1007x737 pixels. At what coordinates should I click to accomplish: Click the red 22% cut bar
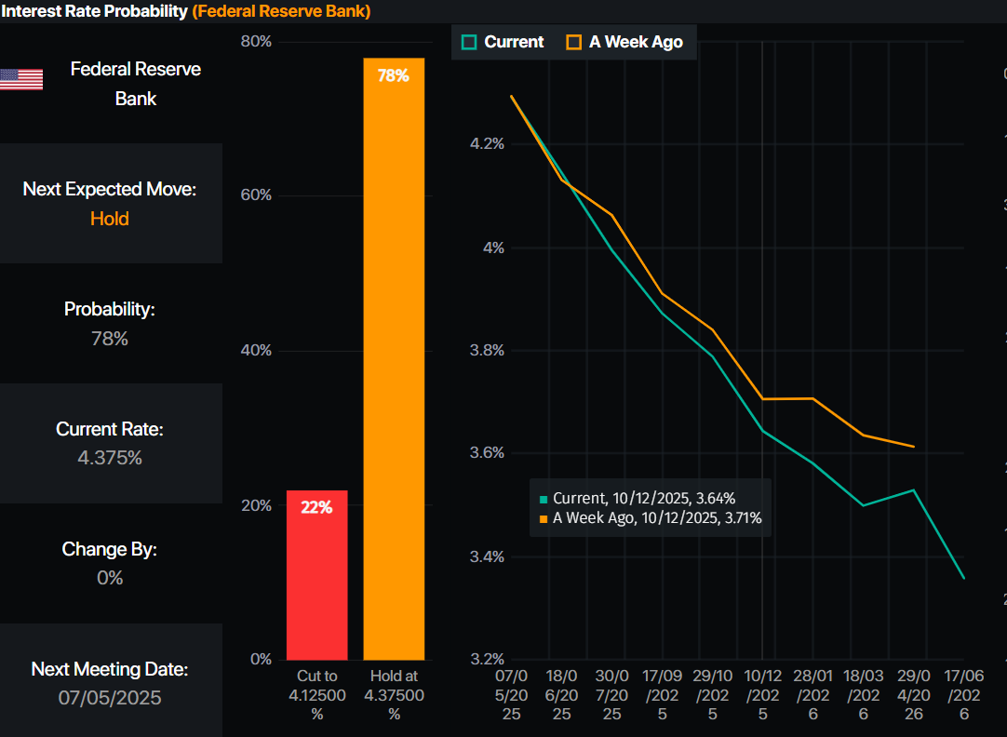316,574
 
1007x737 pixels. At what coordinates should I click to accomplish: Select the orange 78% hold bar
394,358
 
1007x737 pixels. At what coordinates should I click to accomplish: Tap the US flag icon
21,79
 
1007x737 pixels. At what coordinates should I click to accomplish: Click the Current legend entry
503,42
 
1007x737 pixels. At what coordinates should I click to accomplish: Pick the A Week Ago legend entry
624,42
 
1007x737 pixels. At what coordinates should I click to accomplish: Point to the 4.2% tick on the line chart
486,144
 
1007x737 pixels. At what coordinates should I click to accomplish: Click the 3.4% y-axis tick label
486,556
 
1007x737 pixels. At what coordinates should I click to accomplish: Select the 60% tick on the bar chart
256,194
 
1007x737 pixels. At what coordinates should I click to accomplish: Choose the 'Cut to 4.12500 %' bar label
316,694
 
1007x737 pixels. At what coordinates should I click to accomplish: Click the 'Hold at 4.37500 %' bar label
394,694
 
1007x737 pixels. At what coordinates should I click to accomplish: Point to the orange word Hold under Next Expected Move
110,219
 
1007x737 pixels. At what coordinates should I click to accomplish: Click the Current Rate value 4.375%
110,458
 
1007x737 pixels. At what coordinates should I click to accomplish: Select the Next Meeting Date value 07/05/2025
110,697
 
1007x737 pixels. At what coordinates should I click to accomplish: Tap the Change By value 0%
110,578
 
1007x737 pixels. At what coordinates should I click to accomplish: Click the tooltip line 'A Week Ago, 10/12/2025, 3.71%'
656,518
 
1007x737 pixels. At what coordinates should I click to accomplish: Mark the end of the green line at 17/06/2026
964,578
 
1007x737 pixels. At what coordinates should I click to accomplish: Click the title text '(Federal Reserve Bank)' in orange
281,11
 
